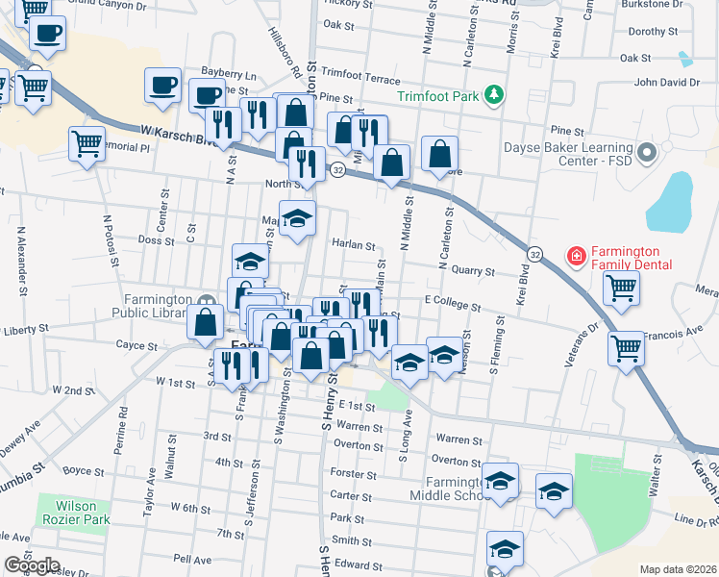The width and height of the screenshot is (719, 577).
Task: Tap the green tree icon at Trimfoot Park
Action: [x=493, y=94]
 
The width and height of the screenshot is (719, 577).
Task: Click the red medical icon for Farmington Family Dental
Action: [x=576, y=256]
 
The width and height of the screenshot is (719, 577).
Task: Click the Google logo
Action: [x=32, y=565]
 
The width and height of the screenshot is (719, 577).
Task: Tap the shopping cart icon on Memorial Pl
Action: [x=87, y=144]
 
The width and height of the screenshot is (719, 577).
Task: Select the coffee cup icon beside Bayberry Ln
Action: [x=162, y=85]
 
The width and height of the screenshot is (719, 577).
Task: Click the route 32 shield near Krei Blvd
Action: [x=534, y=254]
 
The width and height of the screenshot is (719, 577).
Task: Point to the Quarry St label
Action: [x=471, y=272]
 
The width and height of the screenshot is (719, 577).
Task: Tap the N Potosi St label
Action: [x=111, y=236]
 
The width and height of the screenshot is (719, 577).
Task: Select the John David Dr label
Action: [x=666, y=83]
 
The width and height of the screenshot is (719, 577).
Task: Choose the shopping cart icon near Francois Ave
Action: [x=626, y=348]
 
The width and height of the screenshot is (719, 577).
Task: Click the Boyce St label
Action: [x=83, y=470]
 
